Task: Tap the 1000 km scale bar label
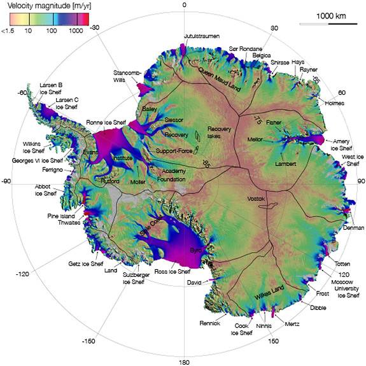tap(332, 15)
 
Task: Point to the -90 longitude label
tap(8, 181)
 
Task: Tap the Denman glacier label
tap(353, 227)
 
